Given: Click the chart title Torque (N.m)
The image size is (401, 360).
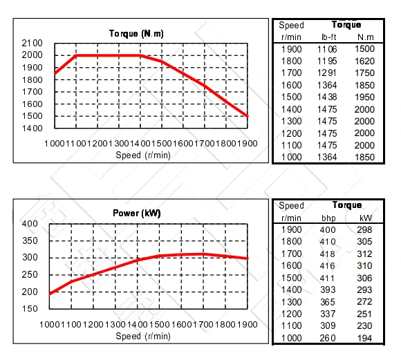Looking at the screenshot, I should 136,33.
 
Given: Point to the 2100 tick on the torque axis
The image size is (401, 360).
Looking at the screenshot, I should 32,43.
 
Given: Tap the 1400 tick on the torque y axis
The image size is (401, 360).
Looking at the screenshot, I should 32,129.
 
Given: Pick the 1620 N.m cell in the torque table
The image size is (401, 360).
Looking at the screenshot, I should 364,60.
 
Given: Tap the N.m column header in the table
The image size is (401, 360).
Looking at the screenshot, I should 364,36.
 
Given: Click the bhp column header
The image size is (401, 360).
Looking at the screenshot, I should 328,217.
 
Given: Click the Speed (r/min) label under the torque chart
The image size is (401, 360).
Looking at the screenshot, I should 143,155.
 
